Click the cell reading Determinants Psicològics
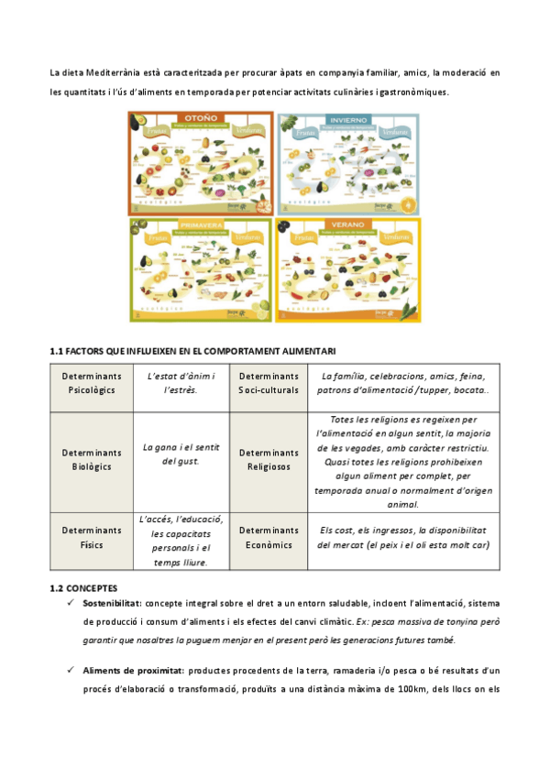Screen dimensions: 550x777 click(x=92, y=383)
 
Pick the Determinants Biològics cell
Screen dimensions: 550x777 click(x=92, y=459)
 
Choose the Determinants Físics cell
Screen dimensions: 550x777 click(x=92, y=537)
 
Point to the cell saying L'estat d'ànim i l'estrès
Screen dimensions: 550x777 click(x=181, y=383)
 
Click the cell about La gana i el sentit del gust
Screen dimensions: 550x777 click(x=181, y=454)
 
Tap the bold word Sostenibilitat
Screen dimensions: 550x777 click(x=112, y=603)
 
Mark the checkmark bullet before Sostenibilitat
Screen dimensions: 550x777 click(x=71, y=603)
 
